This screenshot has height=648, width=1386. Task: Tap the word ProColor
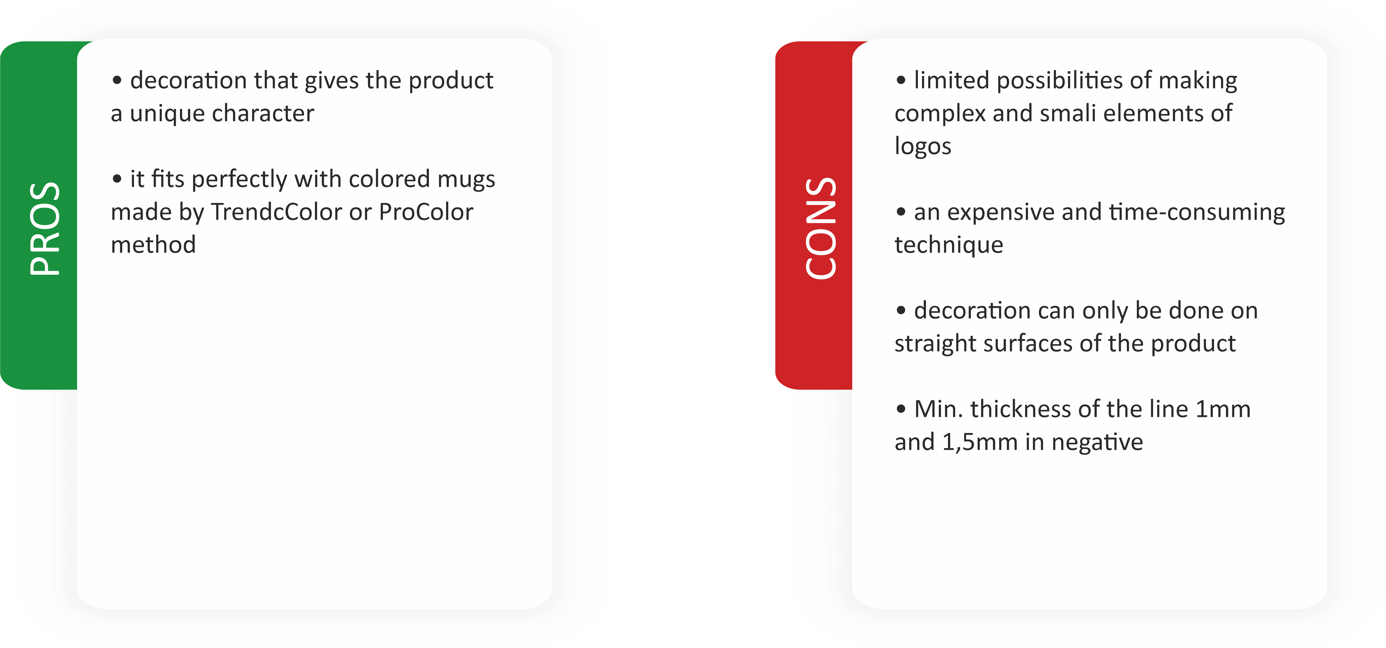coord(426,212)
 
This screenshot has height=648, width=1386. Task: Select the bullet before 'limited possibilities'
coord(901,81)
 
